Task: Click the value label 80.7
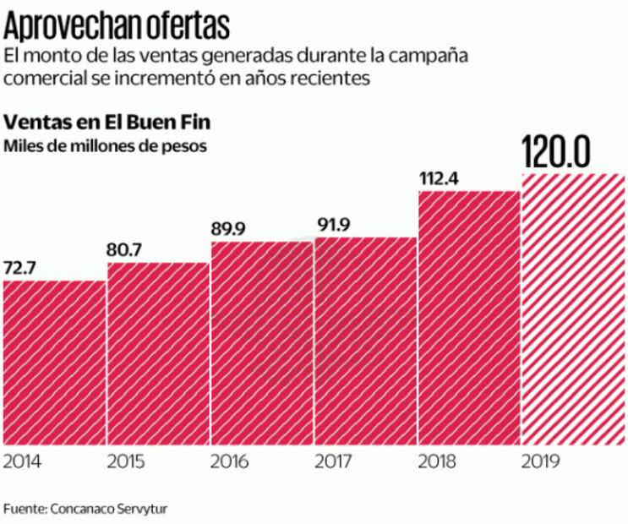click(x=127, y=250)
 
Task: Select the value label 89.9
click(x=231, y=229)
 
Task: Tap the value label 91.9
click(x=334, y=225)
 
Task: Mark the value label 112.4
click(x=440, y=178)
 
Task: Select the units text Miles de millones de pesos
click(x=106, y=145)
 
